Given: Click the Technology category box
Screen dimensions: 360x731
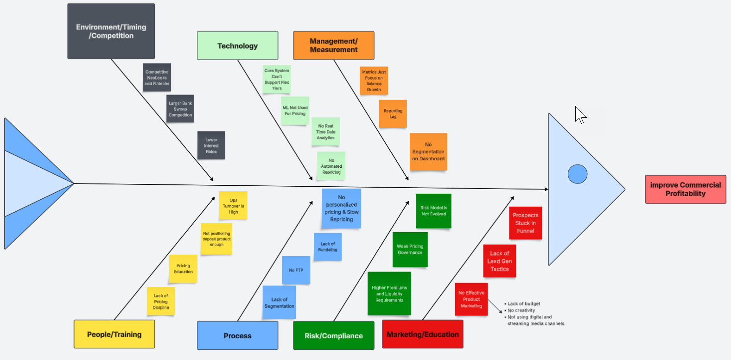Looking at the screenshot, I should coord(237,45).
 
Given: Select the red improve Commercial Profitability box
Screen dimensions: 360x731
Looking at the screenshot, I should coord(685,189).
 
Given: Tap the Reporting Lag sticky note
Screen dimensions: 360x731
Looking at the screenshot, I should coord(393,114).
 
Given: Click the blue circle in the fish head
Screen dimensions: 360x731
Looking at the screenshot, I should coord(577,174).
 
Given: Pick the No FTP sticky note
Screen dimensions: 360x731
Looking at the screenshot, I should coord(296,270).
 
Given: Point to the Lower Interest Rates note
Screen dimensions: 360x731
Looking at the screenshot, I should coord(211,145).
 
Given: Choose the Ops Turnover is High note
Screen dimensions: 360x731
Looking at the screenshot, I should coord(233,206).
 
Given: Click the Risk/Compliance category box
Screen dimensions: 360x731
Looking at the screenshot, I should coord(333,335).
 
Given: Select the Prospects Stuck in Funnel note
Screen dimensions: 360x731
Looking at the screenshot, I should coord(525,223).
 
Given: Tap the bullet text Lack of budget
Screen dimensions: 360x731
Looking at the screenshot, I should coord(524,304).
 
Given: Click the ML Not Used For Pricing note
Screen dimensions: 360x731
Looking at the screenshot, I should coord(295,110).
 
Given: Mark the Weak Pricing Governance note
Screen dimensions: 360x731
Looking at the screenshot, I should coord(410,249).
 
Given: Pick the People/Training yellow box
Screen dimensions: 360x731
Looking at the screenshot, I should coord(114,334).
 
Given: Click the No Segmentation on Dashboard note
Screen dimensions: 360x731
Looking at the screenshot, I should coord(428,152).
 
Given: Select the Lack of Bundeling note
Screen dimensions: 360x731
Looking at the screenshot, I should coord(327,246).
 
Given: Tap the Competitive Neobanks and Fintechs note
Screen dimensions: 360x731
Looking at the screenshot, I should coord(157,77).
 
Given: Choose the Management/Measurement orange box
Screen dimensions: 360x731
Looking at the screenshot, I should coord(333,45).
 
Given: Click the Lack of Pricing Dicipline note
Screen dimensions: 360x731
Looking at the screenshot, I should coord(161,301).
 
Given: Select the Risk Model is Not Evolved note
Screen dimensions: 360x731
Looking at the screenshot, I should coord(433,211).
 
